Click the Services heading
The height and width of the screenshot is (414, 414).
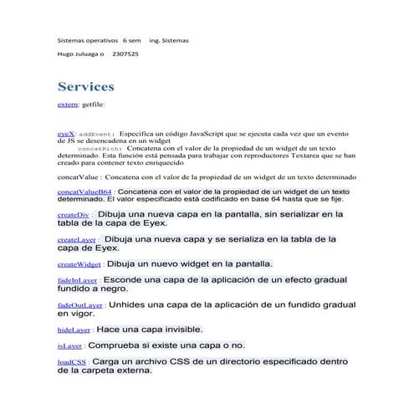coord(85,87)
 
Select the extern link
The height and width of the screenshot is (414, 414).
coord(67,105)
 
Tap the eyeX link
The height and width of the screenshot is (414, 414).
coord(66,133)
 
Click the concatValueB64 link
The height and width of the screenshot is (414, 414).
coord(84,192)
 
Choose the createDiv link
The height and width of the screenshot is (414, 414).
coord(73,215)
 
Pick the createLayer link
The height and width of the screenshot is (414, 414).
coord(76,239)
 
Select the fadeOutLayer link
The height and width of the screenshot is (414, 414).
coord(80,305)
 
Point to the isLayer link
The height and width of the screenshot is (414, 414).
coord(69,345)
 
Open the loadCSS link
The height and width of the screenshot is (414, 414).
coord(71,362)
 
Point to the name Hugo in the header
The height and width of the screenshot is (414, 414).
coord(65,54)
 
